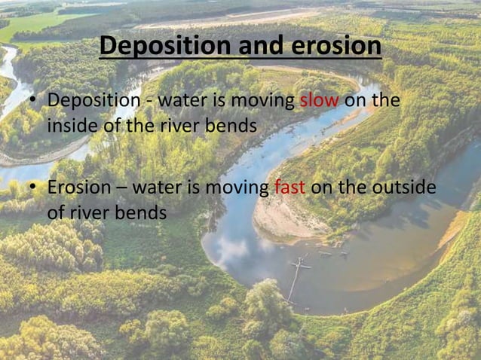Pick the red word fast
click(290, 187)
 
